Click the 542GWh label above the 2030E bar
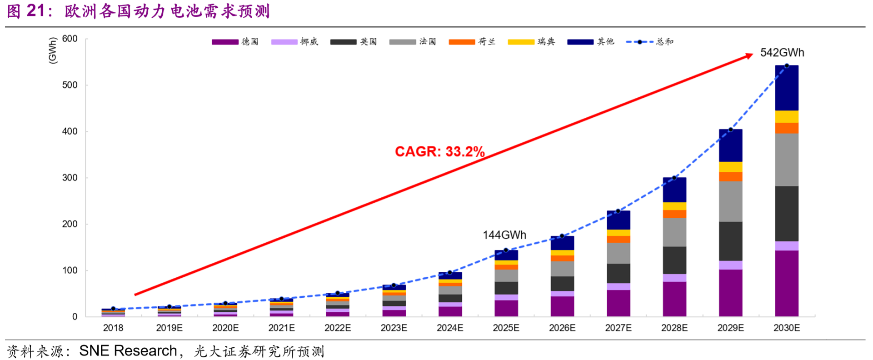point(782,53)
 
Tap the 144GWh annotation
point(504,235)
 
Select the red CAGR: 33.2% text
point(439,151)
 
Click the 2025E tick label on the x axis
point(506,328)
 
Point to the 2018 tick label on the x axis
point(113,328)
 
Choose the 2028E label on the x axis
point(674,328)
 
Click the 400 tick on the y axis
point(70,131)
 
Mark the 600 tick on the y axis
point(70,39)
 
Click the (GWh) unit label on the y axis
point(53,50)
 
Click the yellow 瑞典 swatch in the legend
point(521,42)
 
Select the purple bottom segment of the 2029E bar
point(730,293)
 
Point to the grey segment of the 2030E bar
point(787,160)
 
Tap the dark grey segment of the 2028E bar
point(674,260)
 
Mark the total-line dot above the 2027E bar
point(618,211)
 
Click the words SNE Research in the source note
point(128,351)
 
